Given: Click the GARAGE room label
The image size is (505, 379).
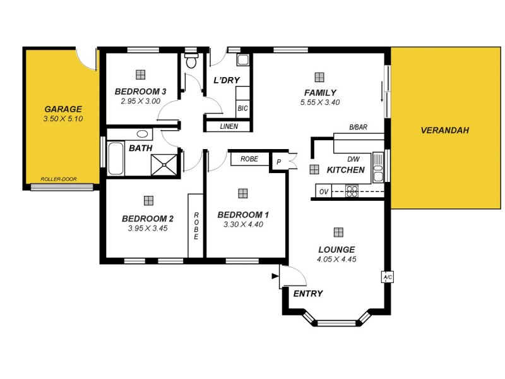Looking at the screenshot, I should tap(63, 109).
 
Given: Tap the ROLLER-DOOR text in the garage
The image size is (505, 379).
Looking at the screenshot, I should tap(59, 179).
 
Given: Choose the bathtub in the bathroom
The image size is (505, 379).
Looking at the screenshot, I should tap(116, 159).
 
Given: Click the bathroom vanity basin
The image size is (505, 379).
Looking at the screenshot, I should tap(143, 134).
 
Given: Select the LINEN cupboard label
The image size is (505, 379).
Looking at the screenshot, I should tap(229, 126).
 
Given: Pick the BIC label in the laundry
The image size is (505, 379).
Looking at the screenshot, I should tap(243, 109).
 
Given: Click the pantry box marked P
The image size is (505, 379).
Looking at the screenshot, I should tap(278, 162).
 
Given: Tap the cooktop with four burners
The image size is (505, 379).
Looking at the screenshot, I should tap(352, 191).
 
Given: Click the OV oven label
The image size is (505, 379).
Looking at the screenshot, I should tap(324, 191).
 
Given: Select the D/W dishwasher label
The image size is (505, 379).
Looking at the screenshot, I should tap(353, 159).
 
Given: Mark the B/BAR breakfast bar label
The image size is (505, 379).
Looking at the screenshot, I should tap(358, 127).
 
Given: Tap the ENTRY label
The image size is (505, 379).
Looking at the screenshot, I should tap(308, 294).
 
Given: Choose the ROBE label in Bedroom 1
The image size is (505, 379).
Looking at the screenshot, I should tap(249, 159).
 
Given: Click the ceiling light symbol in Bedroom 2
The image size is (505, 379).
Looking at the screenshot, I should tap(148, 200).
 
